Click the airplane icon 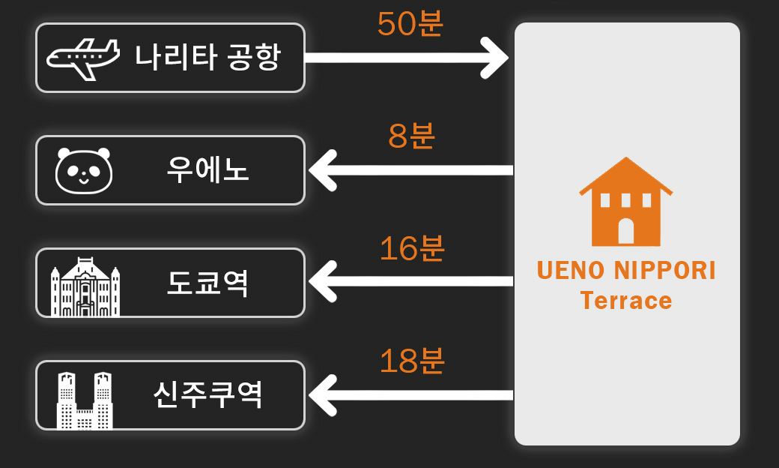(83, 59)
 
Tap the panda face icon (83, 170)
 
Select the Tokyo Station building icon (85, 287)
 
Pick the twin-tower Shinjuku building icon (85, 400)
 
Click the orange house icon (625, 202)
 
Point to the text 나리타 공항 (208, 57)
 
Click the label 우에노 (207, 169)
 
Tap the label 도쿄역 (207, 283)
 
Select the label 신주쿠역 (207, 395)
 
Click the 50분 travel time (410, 23)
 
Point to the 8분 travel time (411, 136)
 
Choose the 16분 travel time (412, 248)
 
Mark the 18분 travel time (412, 361)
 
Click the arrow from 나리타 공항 (407, 58)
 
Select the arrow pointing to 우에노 (411, 170)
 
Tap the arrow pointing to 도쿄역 (411, 281)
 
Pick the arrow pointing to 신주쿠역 (411, 395)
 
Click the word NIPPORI (664, 271)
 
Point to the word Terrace (626, 301)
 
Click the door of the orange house (626, 231)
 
